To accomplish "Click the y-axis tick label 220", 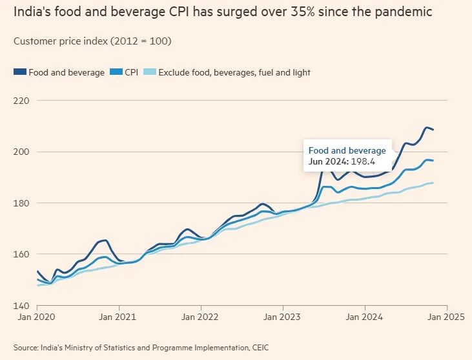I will (x=21, y=101).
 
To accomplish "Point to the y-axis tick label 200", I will (x=21, y=152).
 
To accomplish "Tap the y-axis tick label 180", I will (x=21, y=203).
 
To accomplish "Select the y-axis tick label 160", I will (x=21, y=254).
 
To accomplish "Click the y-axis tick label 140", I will (x=21, y=305).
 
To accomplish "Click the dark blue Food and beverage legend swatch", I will (x=19, y=72).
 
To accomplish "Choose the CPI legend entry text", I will (x=132, y=72).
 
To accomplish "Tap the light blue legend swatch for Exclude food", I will (x=151, y=72).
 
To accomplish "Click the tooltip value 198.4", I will (x=364, y=161).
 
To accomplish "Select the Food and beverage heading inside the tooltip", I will (x=347, y=150).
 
